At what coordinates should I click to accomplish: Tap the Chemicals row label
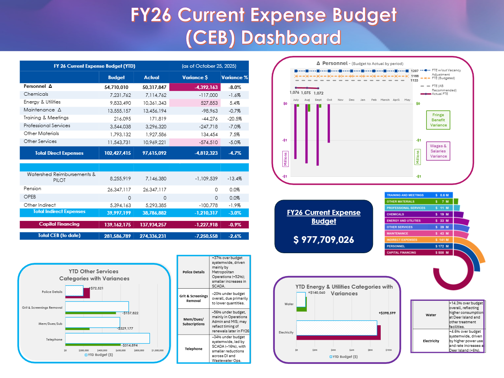click(36, 94)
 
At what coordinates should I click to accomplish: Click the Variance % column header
click(234, 78)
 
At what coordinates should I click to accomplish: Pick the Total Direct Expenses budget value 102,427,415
click(117, 153)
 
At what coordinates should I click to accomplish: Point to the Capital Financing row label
click(59, 224)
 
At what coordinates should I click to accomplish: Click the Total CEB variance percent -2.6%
click(234, 236)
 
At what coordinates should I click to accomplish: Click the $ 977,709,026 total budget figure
click(324, 240)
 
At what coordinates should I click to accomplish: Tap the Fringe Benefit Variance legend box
click(438, 120)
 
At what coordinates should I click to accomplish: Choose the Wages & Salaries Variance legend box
click(438, 151)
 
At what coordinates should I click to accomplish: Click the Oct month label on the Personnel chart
click(329, 100)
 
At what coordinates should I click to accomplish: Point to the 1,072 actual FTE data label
click(319, 93)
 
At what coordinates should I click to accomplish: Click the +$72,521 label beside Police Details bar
click(97, 288)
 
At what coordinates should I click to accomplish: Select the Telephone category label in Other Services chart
click(54, 339)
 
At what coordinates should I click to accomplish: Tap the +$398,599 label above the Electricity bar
click(387, 313)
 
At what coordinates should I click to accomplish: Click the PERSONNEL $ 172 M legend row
click(419, 246)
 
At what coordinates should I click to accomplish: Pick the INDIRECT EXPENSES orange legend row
click(419, 240)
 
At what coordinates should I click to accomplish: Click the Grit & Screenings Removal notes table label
click(193, 298)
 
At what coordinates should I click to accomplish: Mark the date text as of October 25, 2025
click(209, 66)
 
